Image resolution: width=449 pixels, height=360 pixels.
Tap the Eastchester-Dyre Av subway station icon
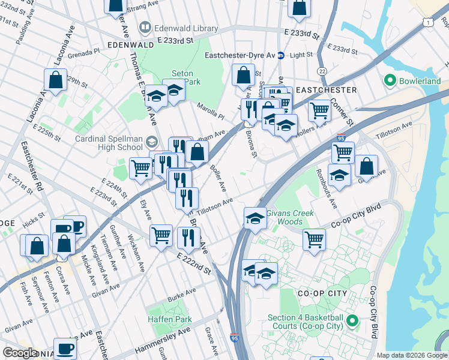point(280,55)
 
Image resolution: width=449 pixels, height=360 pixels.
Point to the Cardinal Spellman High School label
point(109,143)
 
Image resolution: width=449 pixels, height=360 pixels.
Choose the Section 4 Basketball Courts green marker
point(353,322)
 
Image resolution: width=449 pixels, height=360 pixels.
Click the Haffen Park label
point(170,319)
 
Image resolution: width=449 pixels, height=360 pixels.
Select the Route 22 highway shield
point(323,71)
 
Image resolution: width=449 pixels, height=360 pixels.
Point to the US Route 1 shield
point(427,22)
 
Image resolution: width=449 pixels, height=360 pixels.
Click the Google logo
point(20,353)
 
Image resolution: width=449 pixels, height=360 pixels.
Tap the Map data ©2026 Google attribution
point(412,355)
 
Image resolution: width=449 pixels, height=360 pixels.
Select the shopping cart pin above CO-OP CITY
point(315,239)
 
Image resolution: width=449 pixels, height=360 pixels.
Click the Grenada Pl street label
point(85,53)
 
